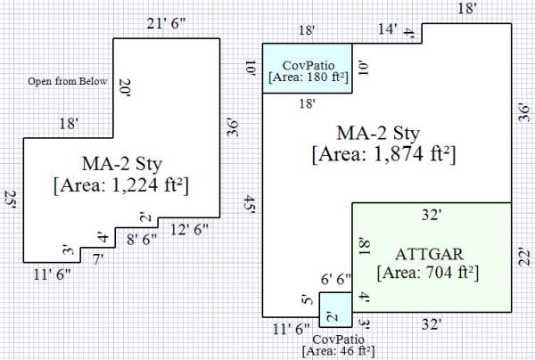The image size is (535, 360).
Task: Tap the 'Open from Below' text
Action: click(x=67, y=82)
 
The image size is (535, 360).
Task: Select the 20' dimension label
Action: click(x=124, y=87)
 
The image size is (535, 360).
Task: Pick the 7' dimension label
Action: click(x=98, y=258)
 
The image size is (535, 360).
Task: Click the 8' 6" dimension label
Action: click(x=144, y=239)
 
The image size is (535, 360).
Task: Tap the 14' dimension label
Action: click(x=388, y=30)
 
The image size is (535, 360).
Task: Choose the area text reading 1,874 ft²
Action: click(x=384, y=153)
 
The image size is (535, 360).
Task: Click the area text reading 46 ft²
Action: click(x=339, y=351)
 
